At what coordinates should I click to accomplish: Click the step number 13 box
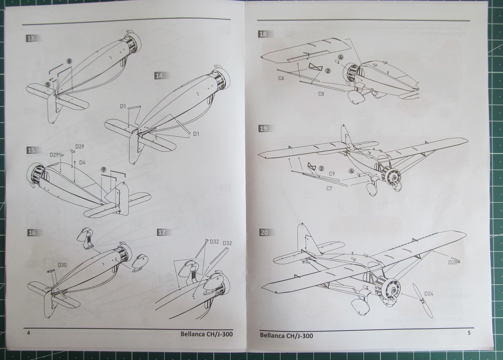click(30, 38)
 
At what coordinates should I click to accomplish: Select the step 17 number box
click(161, 232)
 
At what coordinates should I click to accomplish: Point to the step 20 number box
click(264, 232)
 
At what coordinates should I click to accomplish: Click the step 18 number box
click(263, 34)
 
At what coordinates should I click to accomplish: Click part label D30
click(62, 265)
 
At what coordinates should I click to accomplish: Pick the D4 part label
click(82, 162)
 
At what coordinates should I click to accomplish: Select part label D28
click(452, 262)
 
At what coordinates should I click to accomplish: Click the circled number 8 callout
click(69, 61)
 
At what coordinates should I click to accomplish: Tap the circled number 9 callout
click(103, 169)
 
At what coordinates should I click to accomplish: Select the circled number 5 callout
click(48, 84)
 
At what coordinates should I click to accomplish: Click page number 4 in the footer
click(28, 332)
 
